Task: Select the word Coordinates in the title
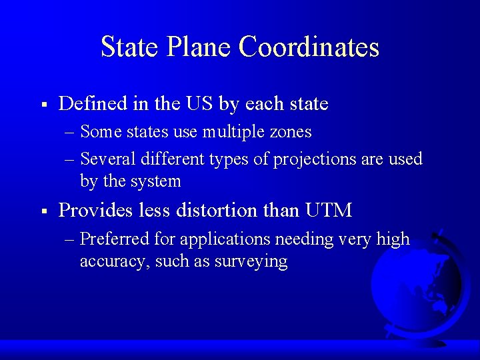[x=309, y=47]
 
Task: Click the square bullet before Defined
[x=43, y=105]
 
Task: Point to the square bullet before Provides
[x=43, y=211]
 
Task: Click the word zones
[x=289, y=132]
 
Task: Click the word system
[x=156, y=181]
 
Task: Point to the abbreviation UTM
[x=328, y=211]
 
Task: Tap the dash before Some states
[x=70, y=132]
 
